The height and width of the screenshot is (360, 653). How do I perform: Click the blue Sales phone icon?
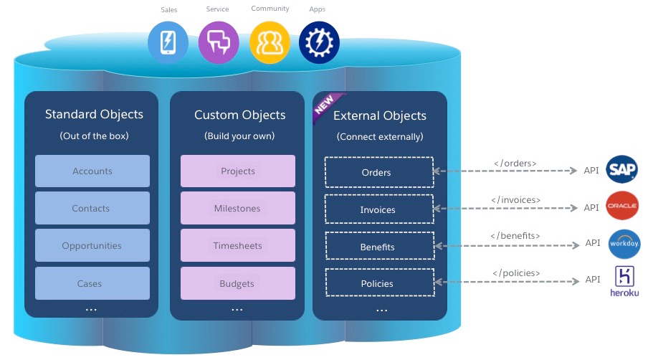tap(168, 42)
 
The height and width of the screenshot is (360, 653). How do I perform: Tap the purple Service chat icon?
tap(218, 42)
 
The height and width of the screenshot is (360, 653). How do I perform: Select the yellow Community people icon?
tap(270, 42)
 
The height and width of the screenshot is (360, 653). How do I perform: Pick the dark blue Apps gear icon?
tap(318, 42)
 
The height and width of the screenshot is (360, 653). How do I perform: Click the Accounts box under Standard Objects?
tap(92, 171)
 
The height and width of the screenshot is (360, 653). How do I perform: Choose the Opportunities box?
tap(92, 246)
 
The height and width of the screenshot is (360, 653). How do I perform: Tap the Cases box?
tap(92, 283)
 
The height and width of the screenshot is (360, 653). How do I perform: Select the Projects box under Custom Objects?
tap(238, 171)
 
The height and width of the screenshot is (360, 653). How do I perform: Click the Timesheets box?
tap(238, 246)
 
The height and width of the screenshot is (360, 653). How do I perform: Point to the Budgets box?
tap(238, 283)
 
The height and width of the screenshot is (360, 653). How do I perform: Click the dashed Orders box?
tap(379, 172)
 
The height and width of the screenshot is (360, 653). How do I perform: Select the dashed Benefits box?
tap(379, 247)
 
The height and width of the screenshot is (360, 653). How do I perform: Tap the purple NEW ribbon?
tap(326, 105)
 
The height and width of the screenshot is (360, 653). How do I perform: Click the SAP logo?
tap(621, 170)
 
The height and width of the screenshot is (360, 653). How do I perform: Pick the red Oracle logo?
tap(621, 206)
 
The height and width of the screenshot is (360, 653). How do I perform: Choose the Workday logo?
tap(624, 244)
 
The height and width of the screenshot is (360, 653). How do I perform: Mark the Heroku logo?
tap(624, 281)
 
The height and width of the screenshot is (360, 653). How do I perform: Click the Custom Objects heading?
tap(239, 115)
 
